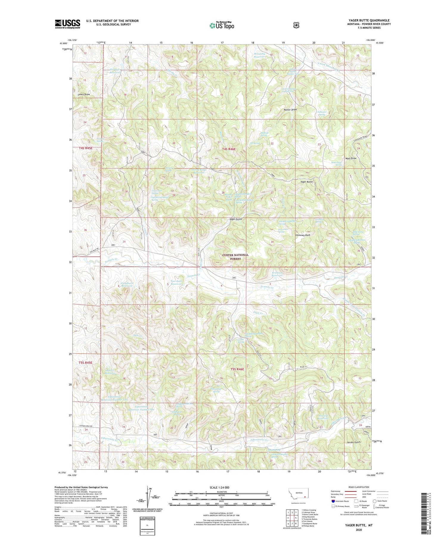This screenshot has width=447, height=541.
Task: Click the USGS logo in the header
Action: [67, 24]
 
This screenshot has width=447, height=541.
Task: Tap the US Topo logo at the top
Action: [222, 25]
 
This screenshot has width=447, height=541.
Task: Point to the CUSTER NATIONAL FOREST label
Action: [235, 257]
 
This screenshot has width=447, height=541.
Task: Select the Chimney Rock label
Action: [303, 235]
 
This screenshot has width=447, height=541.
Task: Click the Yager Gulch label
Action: [235, 219]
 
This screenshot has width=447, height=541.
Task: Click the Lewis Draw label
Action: [84, 94]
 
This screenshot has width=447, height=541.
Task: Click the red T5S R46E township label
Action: [237, 369]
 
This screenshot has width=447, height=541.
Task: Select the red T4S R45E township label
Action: [86, 148]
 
